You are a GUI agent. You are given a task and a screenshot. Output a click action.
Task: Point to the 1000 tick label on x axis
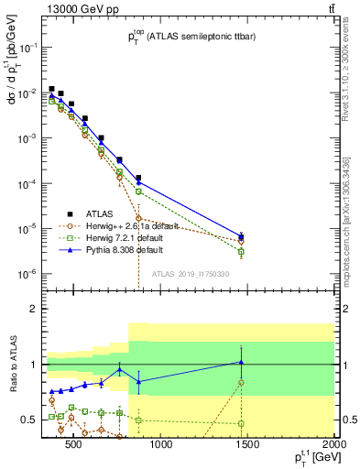coord(161,446)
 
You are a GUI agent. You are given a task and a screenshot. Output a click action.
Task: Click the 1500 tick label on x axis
coord(248,446)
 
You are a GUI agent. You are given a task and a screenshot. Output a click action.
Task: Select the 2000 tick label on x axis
coord(335,446)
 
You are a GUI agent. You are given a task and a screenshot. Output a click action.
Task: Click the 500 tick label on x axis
coord(74,446)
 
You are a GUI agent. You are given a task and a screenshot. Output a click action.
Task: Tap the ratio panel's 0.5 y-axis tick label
coord(28,420)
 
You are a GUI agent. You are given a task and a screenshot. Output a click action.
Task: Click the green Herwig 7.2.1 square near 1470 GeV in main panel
coord(241,251)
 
